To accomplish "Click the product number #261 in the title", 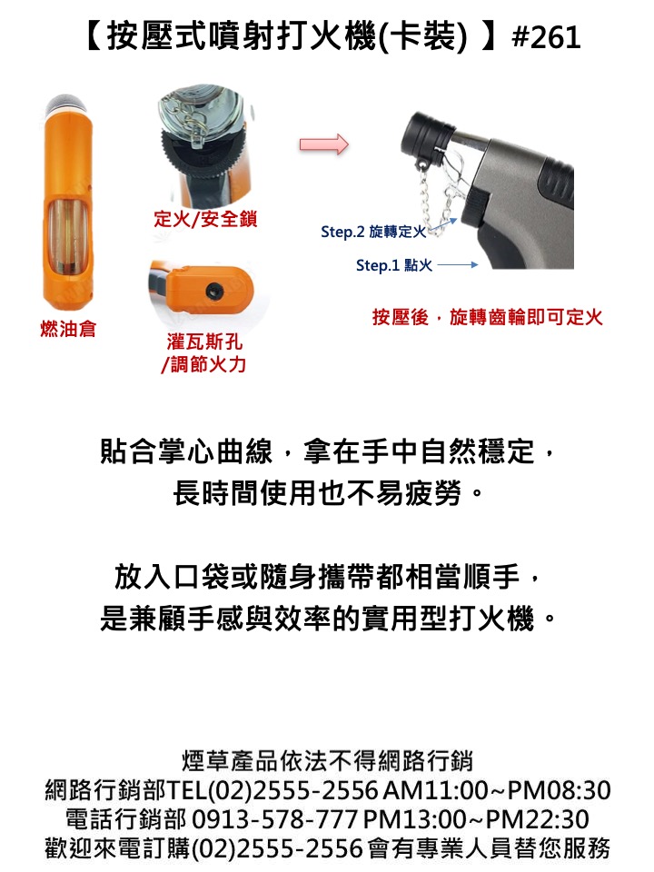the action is click(546, 37).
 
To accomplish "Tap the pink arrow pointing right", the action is click(323, 144).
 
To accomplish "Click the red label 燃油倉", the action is click(68, 329).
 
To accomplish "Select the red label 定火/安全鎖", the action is click(205, 219).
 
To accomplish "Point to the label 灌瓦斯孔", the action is click(204, 342).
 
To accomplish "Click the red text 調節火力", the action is click(208, 364).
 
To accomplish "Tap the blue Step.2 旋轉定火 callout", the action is click(373, 232).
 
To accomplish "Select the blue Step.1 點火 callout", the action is click(394, 265).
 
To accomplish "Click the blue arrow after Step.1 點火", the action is click(458, 265).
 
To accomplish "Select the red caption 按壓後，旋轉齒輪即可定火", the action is click(488, 318).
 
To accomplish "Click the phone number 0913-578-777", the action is click(274, 819).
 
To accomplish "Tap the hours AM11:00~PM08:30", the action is click(497, 790).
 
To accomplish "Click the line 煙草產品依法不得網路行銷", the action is click(327, 761).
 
